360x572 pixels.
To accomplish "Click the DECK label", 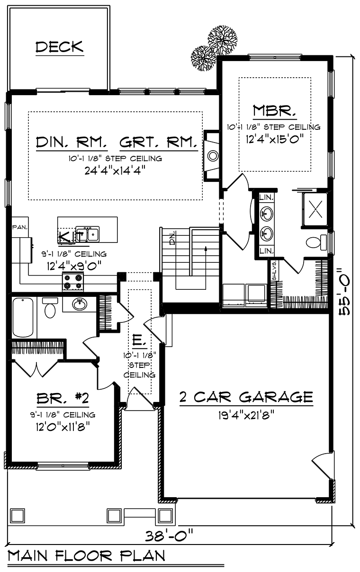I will (x=59, y=47).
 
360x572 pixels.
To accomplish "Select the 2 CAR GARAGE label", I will (x=246, y=397).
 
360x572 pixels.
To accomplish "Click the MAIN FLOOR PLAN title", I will (x=86, y=555).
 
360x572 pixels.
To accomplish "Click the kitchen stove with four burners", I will (x=73, y=282).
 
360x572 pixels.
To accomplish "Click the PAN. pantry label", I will (x=19, y=227).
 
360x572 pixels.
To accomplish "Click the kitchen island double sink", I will (x=87, y=233).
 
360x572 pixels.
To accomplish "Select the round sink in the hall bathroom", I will (x=79, y=304).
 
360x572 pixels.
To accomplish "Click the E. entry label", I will (x=137, y=340).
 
